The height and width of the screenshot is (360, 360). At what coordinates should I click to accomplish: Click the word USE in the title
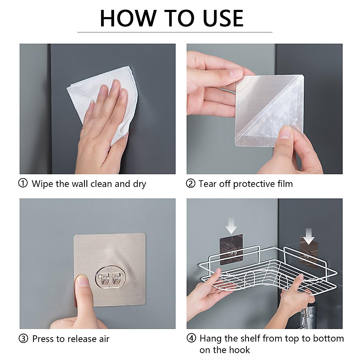point(223,19)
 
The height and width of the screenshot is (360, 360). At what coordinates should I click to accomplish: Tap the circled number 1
point(23,183)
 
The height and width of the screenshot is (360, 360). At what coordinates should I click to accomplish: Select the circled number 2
point(190,183)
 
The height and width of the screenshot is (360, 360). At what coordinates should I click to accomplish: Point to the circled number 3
point(23,338)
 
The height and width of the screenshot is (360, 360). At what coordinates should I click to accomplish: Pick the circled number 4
point(191,338)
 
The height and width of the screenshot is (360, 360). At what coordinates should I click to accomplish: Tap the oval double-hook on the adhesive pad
point(109,278)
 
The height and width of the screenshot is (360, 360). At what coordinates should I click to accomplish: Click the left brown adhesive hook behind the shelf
point(231,250)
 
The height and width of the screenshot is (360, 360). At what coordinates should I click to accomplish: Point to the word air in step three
point(104,339)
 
